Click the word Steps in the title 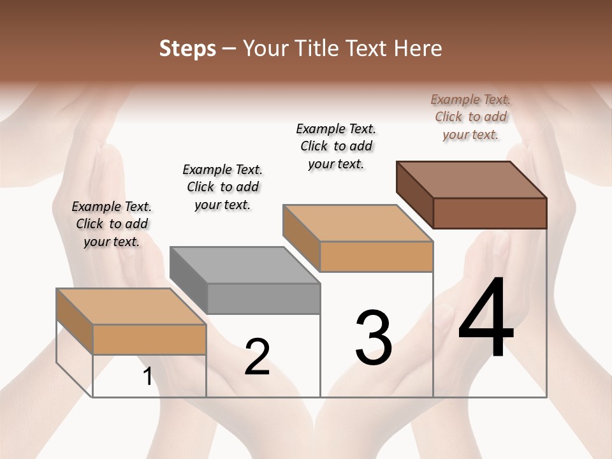click(187, 48)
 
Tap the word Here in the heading click(418, 48)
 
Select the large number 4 click(486, 318)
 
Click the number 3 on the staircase click(374, 338)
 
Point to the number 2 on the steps click(257, 357)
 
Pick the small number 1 click(148, 377)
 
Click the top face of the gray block click(245, 265)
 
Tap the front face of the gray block click(263, 298)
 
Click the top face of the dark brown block click(472, 179)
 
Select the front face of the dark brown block click(490, 213)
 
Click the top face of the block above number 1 click(131, 307)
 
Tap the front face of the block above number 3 click(376, 257)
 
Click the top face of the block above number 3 click(358, 223)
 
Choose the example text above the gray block click(222, 187)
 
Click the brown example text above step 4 click(470, 117)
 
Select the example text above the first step click(112, 224)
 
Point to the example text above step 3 click(336, 146)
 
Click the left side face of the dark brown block click(414, 194)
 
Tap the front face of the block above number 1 click(149, 339)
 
